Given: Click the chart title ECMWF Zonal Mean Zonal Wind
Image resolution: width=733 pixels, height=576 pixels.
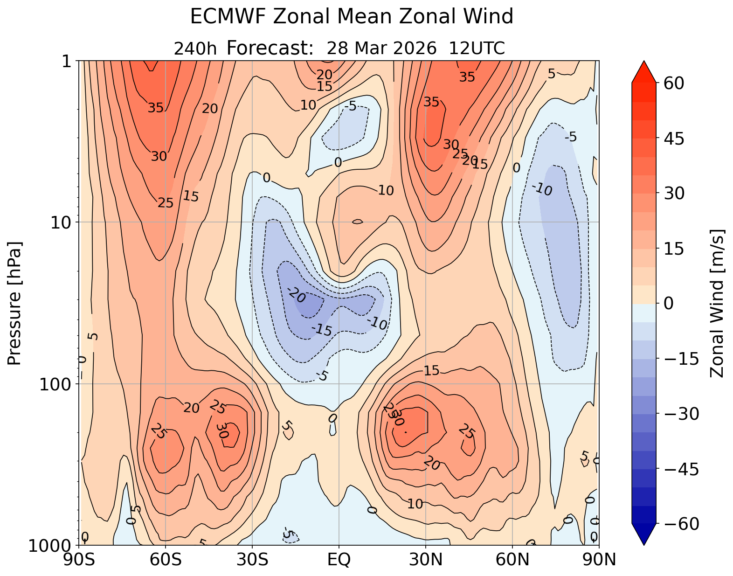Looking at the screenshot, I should (352, 17).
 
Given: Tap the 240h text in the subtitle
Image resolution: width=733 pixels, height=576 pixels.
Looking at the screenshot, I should (195, 49).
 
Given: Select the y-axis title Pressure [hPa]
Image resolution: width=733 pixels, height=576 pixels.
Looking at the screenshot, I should (15, 303).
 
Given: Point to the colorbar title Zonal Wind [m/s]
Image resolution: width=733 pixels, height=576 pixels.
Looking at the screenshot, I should (717, 303).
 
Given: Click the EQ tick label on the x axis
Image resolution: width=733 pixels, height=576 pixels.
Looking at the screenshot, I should (339, 559).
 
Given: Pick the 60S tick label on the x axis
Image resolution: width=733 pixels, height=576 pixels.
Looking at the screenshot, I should (166, 559).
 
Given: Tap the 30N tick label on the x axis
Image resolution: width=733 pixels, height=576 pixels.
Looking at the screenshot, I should (426, 559).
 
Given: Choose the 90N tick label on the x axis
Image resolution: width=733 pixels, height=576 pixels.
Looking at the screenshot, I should (599, 559).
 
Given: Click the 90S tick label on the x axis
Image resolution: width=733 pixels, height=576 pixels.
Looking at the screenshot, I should (79, 559).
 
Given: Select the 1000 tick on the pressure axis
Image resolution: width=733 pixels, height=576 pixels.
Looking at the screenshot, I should (51, 545).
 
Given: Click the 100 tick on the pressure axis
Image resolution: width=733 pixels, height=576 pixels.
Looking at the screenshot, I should (55, 384).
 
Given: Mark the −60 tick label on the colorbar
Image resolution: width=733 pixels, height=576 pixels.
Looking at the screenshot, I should (678, 524).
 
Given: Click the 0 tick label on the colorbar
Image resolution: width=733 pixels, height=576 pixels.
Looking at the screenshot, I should (668, 304).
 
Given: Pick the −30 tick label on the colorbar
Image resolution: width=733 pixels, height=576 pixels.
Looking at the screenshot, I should (678, 414).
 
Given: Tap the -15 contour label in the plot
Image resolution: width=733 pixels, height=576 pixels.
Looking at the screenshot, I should (321, 330).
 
